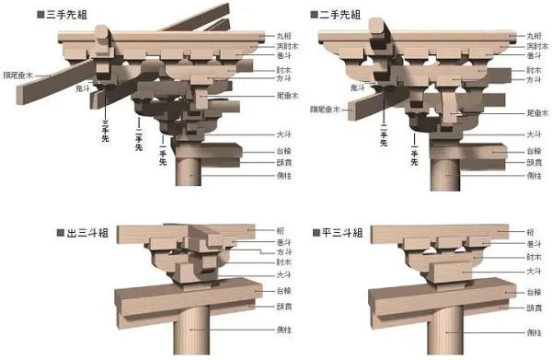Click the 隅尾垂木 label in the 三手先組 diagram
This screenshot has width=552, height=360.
tap(18, 75)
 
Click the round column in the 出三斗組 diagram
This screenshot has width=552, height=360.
tap(193, 331)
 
